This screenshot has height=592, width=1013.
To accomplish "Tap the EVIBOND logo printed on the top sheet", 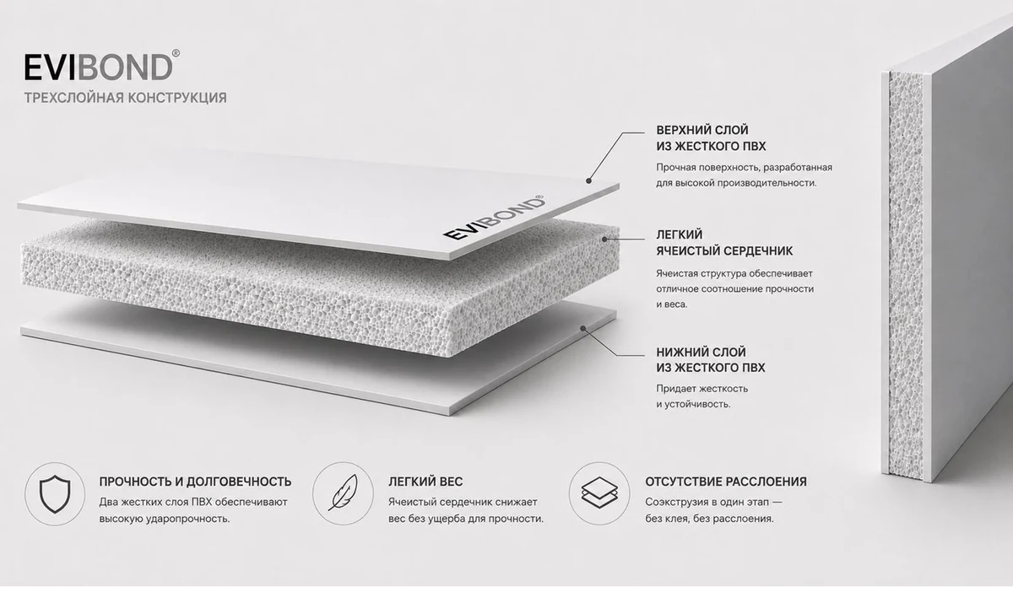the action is tap(494, 218).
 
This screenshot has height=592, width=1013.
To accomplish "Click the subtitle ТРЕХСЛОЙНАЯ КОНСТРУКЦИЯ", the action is tap(125, 98).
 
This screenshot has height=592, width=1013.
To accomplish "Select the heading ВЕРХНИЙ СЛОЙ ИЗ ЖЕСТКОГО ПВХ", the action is tap(711, 138).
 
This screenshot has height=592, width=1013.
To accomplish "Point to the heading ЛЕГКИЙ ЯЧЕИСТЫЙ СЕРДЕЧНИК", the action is tap(724, 243).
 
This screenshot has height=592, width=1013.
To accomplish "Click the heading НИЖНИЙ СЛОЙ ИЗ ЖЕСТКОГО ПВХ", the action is tap(711, 360).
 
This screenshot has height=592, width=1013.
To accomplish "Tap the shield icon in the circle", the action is tap(55, 494).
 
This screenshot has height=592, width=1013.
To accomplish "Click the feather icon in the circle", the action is tap(343, 493).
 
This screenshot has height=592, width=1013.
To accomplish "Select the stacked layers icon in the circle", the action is tap(599, 493).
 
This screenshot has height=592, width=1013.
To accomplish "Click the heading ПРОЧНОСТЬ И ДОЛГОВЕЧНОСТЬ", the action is tap(195, 482).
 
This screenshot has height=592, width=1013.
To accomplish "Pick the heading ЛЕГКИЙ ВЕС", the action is tap(425, 482).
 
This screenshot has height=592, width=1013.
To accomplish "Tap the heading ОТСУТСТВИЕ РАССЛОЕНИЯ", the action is tap(726, 482).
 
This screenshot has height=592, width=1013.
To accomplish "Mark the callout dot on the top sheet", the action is tap(589, 180).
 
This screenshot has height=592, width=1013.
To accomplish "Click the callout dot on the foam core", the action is tap(604, 239).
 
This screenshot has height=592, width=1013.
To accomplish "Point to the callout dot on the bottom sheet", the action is tap(583, 329).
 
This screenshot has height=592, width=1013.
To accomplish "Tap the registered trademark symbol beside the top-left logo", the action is tap(176, 53).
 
